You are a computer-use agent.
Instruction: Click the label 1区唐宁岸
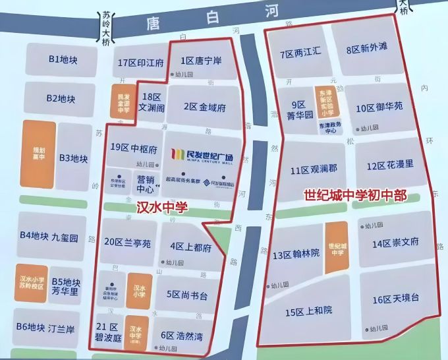201,61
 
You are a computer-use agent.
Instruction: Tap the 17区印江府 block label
140,63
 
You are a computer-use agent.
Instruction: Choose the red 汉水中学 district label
161,207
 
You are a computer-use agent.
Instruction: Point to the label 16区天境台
395,299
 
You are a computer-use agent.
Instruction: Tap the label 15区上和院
308,311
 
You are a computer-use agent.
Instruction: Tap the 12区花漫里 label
390,164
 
